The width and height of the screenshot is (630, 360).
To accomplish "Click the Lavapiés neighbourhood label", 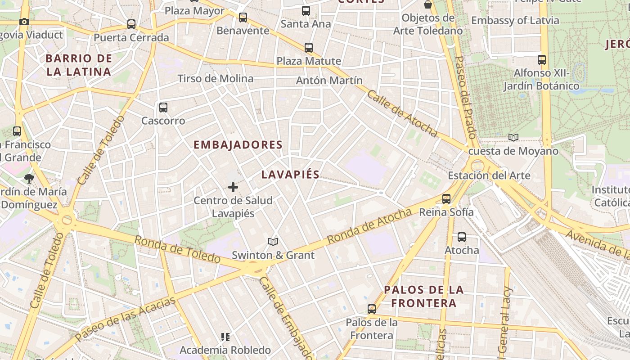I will pos(290,175).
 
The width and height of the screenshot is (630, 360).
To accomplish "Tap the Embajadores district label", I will pos(238,145).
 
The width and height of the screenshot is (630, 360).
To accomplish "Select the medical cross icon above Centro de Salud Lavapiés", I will pos(233,187).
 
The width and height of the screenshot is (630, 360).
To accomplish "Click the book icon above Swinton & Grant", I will pos(273,242).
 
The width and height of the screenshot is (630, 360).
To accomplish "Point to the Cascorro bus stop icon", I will pos(163,108).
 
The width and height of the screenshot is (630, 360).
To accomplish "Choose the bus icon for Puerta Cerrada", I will pos(131,24).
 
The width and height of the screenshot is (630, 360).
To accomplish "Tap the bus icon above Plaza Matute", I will pos(309,47).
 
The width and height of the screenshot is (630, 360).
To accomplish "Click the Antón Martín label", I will pos(329,81).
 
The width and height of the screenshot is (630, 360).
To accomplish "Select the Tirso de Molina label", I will pos(215,79).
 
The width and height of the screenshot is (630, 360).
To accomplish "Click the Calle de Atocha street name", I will pos(402,113).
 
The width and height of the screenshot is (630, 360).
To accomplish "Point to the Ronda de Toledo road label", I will pos(178,249).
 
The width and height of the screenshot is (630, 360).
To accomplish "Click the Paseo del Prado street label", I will pos(465,97).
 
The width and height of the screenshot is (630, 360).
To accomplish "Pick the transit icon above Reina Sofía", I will pos(446,198).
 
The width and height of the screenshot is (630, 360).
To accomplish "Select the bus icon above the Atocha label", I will pos(462,237).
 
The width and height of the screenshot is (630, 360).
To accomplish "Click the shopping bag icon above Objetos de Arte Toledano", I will pos(427,4).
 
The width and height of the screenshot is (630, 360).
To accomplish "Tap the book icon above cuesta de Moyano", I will pos(513,137).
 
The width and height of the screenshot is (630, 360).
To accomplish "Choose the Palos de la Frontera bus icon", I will pos(372,309).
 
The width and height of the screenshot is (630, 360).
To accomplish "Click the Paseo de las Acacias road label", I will pos(125,319).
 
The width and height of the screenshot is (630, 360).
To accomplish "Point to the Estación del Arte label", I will pos(489,175).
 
